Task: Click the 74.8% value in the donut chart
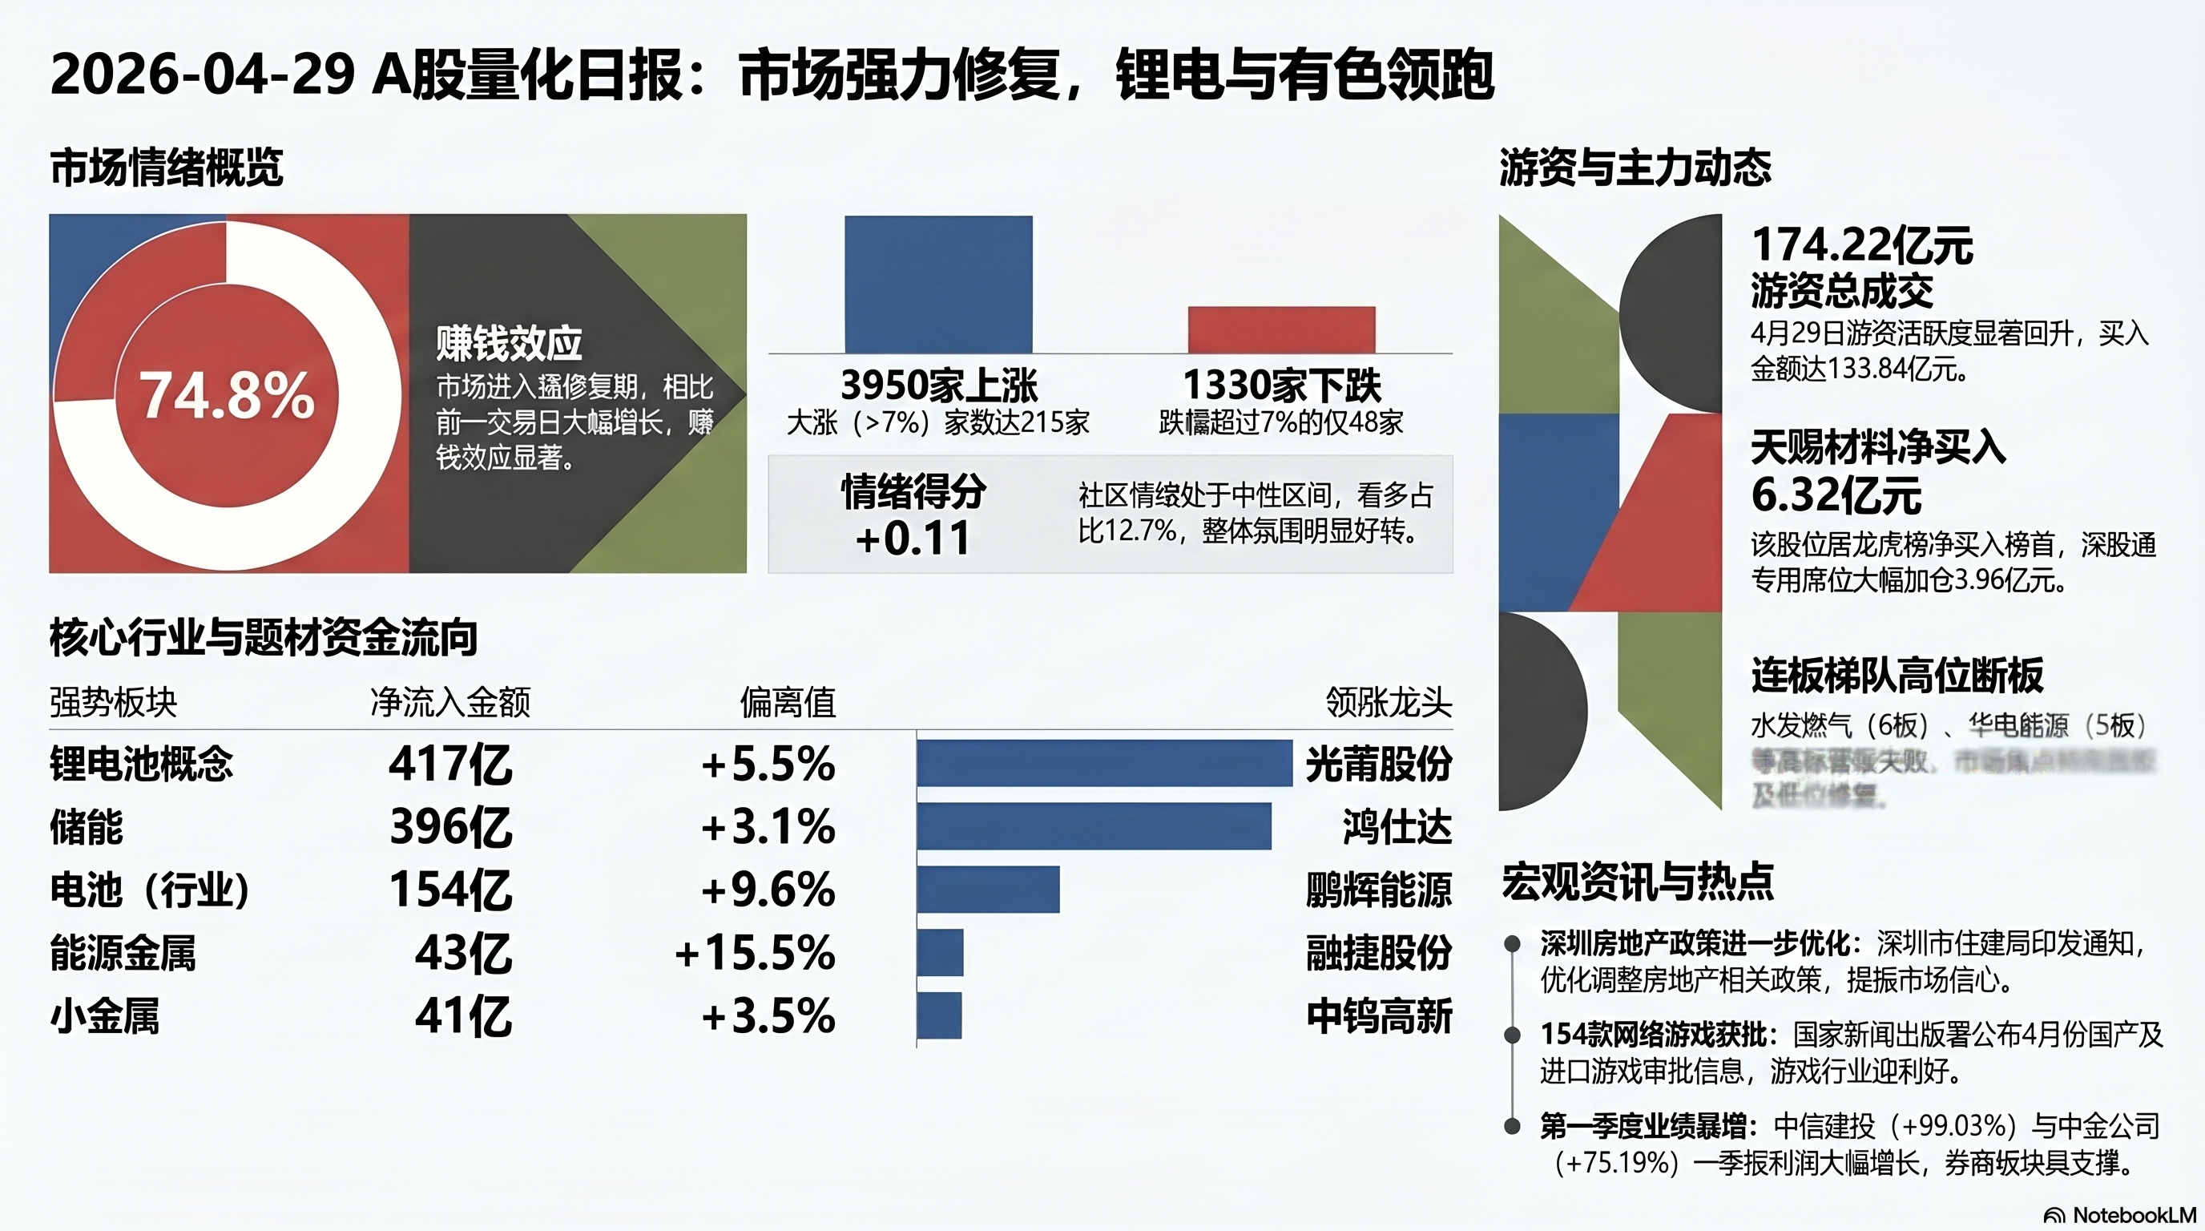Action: (x=228, y=395)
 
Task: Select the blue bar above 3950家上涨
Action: (x=938, y=284)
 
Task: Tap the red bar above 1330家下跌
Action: (x=1281, y=329)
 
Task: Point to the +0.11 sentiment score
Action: (x=913, y=539)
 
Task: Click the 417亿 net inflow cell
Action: (x=450, y=764)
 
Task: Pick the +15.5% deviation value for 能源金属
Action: (x=754, y=953)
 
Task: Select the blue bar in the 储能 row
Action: (x=1093, y=826)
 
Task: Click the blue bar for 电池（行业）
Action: (x=988, y=890)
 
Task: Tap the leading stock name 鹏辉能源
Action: (x=1378, y=890)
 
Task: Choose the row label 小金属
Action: (x=105, y=1016)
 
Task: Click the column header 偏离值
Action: (x=788, y=702)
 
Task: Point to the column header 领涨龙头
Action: (x=1389, y=702)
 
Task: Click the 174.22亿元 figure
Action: (x=1862, y=246)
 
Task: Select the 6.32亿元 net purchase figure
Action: (x=1836, y=494)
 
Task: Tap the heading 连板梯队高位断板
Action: (x=1897, y=676)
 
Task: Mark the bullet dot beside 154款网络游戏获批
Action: (x=1513, y=1035)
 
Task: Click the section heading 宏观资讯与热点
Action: (x=1638, y=882)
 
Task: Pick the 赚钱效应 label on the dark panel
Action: (x=509, y=344)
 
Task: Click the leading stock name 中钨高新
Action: (x=1378, y=1016)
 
